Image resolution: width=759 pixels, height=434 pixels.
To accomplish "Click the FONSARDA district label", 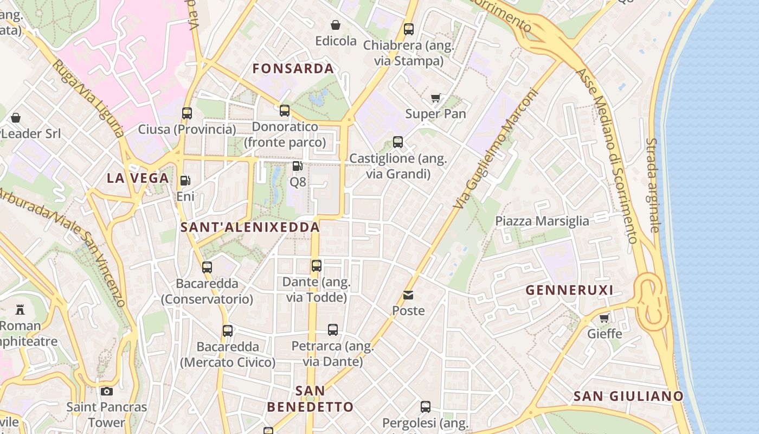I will coord(293,69).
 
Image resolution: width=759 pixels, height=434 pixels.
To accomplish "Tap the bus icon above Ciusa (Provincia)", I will coord(187,113).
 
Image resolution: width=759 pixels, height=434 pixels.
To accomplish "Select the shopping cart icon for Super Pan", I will coord(435,98).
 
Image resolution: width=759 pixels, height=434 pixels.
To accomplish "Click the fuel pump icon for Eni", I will coord(185,180).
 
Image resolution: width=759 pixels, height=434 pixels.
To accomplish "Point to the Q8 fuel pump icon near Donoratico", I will coord(297,166).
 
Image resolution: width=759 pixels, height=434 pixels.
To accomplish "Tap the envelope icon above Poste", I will coord(408,295).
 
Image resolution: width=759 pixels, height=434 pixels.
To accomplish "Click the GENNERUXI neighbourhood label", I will coord(569,290).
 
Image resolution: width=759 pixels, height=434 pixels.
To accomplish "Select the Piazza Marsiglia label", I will coord(542,221).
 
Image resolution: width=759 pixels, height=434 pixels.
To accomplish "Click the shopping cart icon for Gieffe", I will coord(604,318).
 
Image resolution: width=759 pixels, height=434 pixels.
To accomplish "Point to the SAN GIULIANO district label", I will coord(628,397).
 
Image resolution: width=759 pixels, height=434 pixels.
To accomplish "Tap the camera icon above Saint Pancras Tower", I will coord(107,391).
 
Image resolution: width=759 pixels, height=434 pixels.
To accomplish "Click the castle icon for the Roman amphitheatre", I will coord(20,310).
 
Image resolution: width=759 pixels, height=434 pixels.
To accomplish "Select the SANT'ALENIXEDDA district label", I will coord(250,227).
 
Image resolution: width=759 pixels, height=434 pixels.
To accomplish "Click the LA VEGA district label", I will coord(138,178).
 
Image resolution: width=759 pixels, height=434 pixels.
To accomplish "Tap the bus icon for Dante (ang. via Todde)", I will coord(317,266).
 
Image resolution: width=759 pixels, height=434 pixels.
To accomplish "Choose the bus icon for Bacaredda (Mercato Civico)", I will coord(228,330).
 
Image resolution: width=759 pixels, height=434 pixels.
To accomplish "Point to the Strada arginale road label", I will coord(653,184).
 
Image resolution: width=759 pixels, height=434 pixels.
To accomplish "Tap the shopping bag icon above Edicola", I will coord(336,25).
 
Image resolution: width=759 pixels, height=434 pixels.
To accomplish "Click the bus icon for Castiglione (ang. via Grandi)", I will coord(398,142).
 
